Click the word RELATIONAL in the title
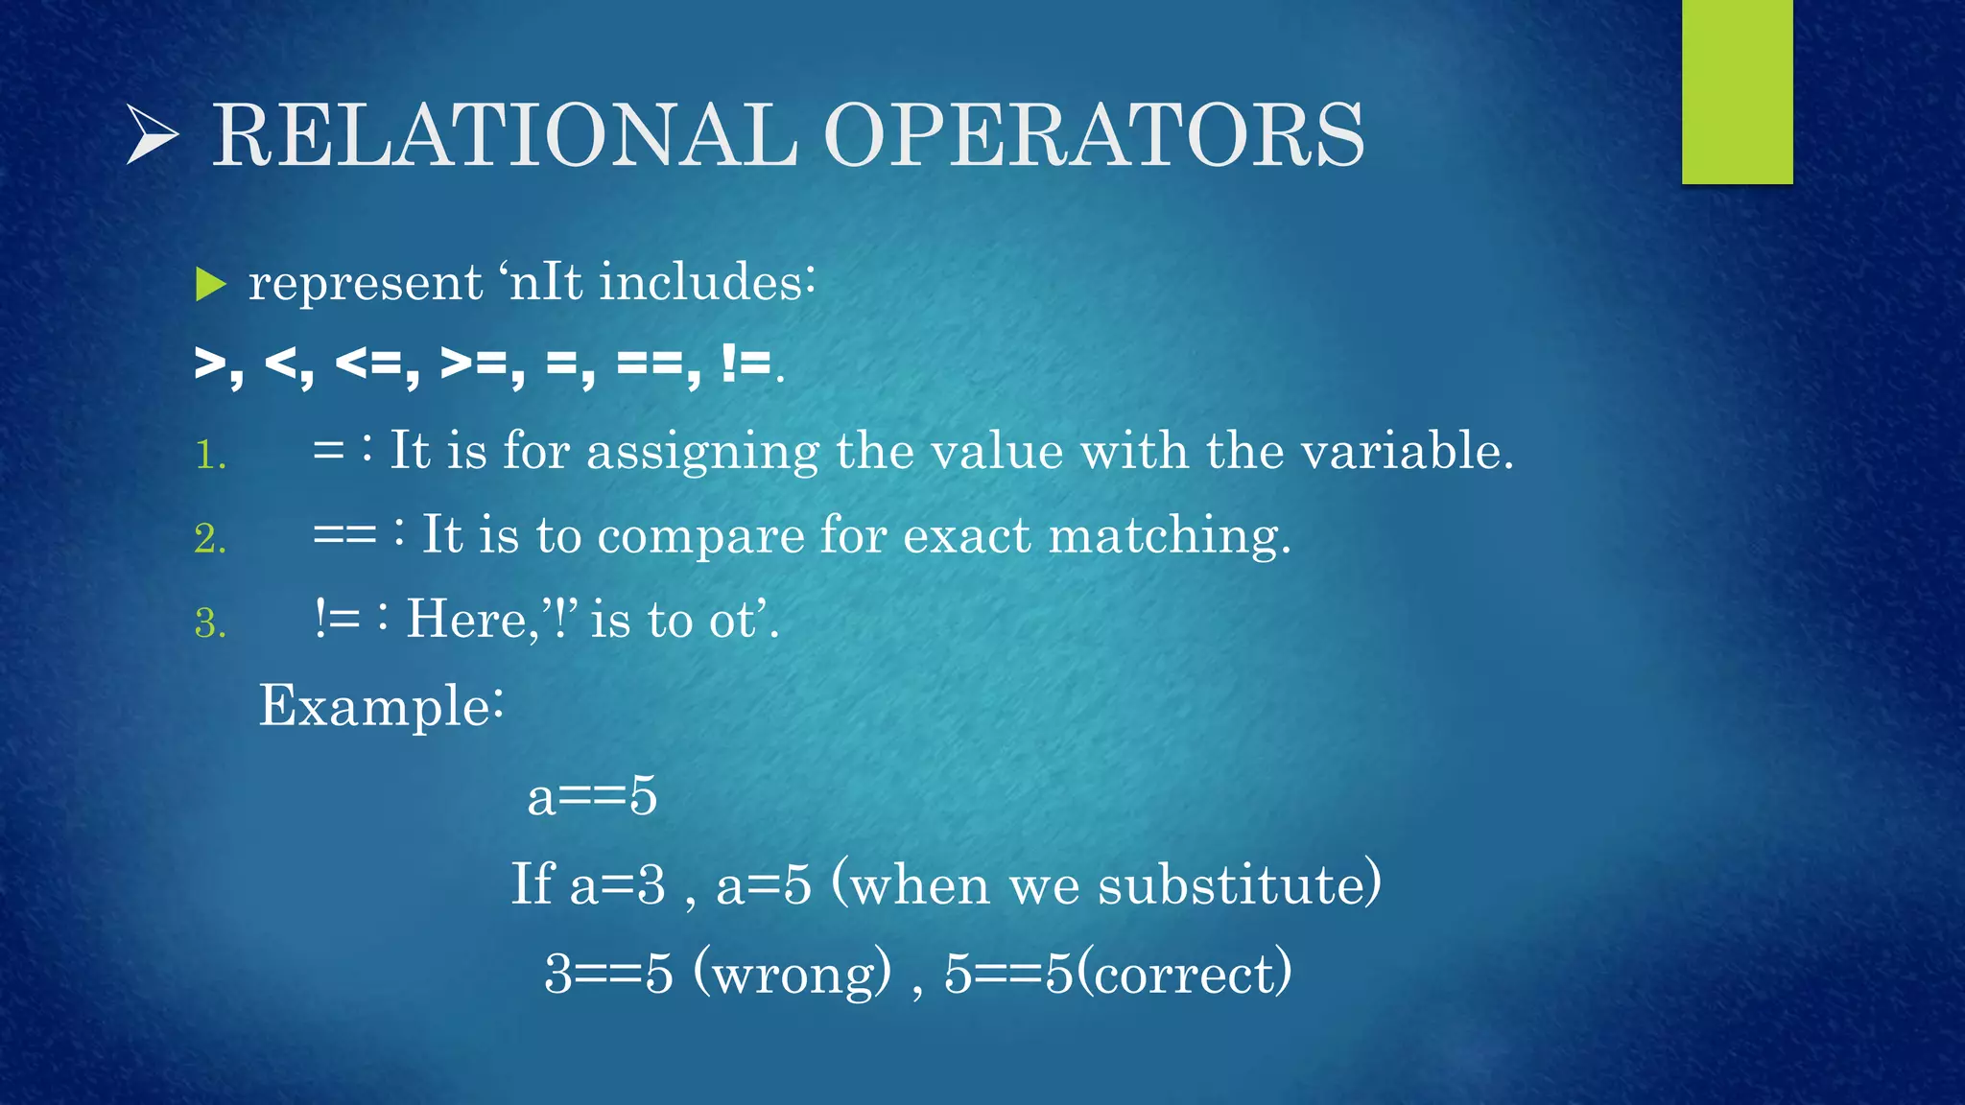(x=504, y=135)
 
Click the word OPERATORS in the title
(x=1093, y=135)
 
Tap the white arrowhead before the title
(x=152, y=135)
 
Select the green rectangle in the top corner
(x=1737, y=91)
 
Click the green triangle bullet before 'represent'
(x=210, y=284)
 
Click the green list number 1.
(x=210, y=455)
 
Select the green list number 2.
(x=210, y=538)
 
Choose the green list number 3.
(x=210, y=623)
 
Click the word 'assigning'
(x=702, y=451)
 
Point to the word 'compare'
(x=700, y=535)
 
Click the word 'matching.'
(x=1170, y=534)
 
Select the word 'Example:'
(x=381, y=707)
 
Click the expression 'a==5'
(x=592, y=796)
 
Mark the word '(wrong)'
(x=793, y=974)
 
